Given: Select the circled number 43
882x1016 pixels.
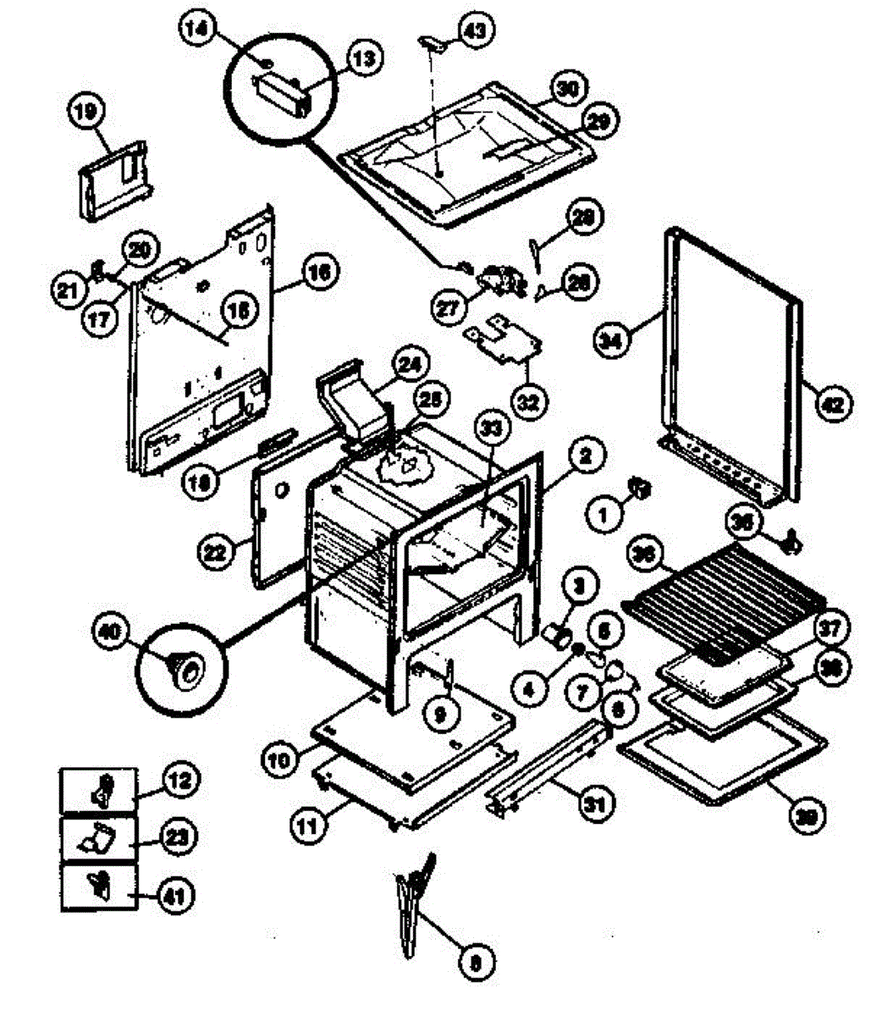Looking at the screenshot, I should (472, 30).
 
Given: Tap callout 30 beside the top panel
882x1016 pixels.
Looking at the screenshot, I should (567, 87).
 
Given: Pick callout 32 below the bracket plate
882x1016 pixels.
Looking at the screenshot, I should (528, 401).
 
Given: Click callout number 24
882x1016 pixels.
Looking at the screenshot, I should (409, 365).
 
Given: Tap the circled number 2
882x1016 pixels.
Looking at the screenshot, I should (587, 457).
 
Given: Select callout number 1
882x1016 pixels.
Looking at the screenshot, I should (604, 514).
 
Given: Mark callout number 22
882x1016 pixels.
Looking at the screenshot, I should (216, 552).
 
